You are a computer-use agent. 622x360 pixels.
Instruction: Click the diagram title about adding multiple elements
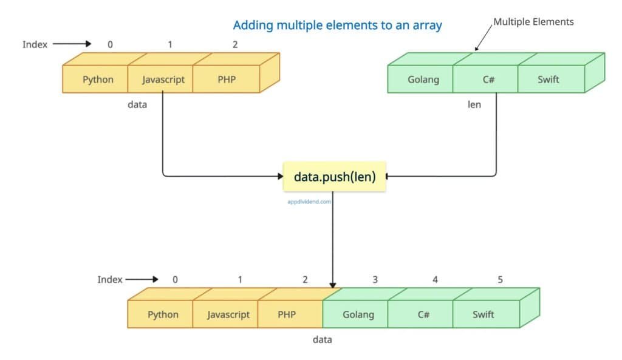tap(337, 25)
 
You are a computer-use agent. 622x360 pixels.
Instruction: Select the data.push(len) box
tap(335, 177)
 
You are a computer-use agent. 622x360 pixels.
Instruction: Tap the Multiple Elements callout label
tap(533, 22)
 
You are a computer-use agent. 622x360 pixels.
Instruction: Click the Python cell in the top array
tap(98, 80)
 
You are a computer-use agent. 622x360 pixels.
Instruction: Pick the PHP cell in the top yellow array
tap(226, 80)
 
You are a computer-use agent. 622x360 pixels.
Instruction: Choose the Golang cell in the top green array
tap(423, 80)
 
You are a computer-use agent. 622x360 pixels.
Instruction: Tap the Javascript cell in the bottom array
tap(228, 314)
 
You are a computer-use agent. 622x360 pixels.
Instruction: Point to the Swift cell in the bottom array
tap(483, 314)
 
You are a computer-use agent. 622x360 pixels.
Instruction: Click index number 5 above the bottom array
tap(500, 279)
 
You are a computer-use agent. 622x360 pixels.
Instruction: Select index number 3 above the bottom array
tap(375, 279)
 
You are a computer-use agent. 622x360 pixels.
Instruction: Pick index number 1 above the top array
tap(171, 44)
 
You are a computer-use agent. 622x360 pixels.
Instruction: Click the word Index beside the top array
tap(35, 44)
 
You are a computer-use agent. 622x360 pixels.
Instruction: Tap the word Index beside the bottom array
tap(110, 279)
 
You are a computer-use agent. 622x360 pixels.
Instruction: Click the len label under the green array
tap(474, 104)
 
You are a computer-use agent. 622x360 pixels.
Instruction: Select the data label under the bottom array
tap(323, 339)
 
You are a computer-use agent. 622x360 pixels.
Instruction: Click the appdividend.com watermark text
tap(309, 202)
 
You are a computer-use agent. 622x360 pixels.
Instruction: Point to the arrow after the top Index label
tap(72, 44)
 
